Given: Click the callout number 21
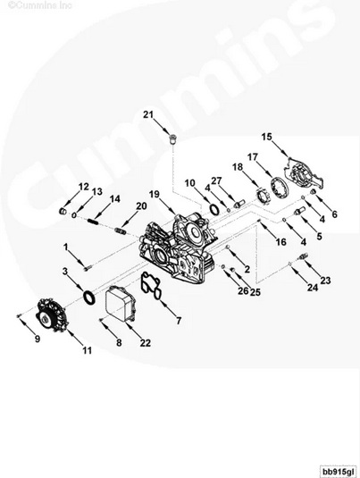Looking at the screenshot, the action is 148,114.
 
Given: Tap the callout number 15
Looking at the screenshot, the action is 266,137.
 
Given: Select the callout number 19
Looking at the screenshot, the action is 155,194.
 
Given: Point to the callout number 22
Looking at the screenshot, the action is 146,343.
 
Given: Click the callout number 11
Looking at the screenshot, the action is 88,350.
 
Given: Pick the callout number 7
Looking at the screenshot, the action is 179,321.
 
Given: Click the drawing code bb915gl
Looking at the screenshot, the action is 338,471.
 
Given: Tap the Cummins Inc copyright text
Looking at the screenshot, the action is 39,5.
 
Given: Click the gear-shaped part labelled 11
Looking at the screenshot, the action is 51,317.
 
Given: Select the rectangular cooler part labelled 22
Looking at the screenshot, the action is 120,302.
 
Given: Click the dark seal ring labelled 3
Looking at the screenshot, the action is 89,298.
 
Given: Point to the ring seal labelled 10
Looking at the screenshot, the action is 214,209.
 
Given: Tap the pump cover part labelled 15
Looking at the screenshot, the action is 304,176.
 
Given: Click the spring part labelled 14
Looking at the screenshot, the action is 93,221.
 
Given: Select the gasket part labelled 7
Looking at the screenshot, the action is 150,286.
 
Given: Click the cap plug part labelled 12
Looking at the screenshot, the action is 63,211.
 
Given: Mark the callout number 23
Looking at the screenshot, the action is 325,281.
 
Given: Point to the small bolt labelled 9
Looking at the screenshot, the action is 18,316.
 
